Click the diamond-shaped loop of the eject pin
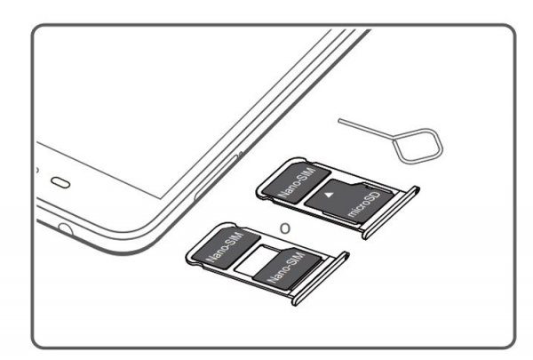click(x=418, y=145)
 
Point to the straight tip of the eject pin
click(x=339, y=119)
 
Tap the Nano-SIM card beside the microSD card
click(x=297, y=181)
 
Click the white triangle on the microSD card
click(x=329, y=196)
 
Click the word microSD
click(x=363, y=204)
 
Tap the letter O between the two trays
click(x=285, y=228)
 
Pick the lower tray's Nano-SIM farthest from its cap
click(x=227, y=246)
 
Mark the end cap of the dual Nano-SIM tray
click(x=320, y=278)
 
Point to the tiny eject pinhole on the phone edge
click(x=241, y=155)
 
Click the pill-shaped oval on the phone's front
click(x=60, y=182)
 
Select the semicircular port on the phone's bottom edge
click(x=65, y=229)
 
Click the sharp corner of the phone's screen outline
click(x=161, y=198)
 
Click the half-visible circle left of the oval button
click(x=37, y=170)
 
